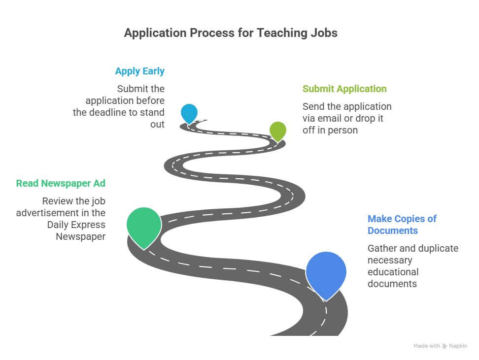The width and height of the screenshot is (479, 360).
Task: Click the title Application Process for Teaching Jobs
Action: pos(231,33)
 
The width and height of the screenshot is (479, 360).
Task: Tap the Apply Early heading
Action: pos(139,71)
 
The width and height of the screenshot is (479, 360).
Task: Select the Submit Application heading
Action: pos(344,89)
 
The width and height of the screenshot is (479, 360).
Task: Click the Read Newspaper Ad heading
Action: pos(61,184)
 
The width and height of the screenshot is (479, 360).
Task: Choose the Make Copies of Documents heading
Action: pos(402,225)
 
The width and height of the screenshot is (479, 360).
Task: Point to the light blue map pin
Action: pos(189,113)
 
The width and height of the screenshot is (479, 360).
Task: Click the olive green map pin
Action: pos(278,130)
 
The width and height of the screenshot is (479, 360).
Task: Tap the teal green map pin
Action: pos(143,226)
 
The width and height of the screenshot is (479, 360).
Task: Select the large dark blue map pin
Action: pos(326,272)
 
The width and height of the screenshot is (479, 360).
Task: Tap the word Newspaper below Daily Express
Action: pos(80,237)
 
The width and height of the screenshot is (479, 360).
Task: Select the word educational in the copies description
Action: pos(393,272)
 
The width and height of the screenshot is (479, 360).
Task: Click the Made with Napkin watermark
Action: pos(440,346)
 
